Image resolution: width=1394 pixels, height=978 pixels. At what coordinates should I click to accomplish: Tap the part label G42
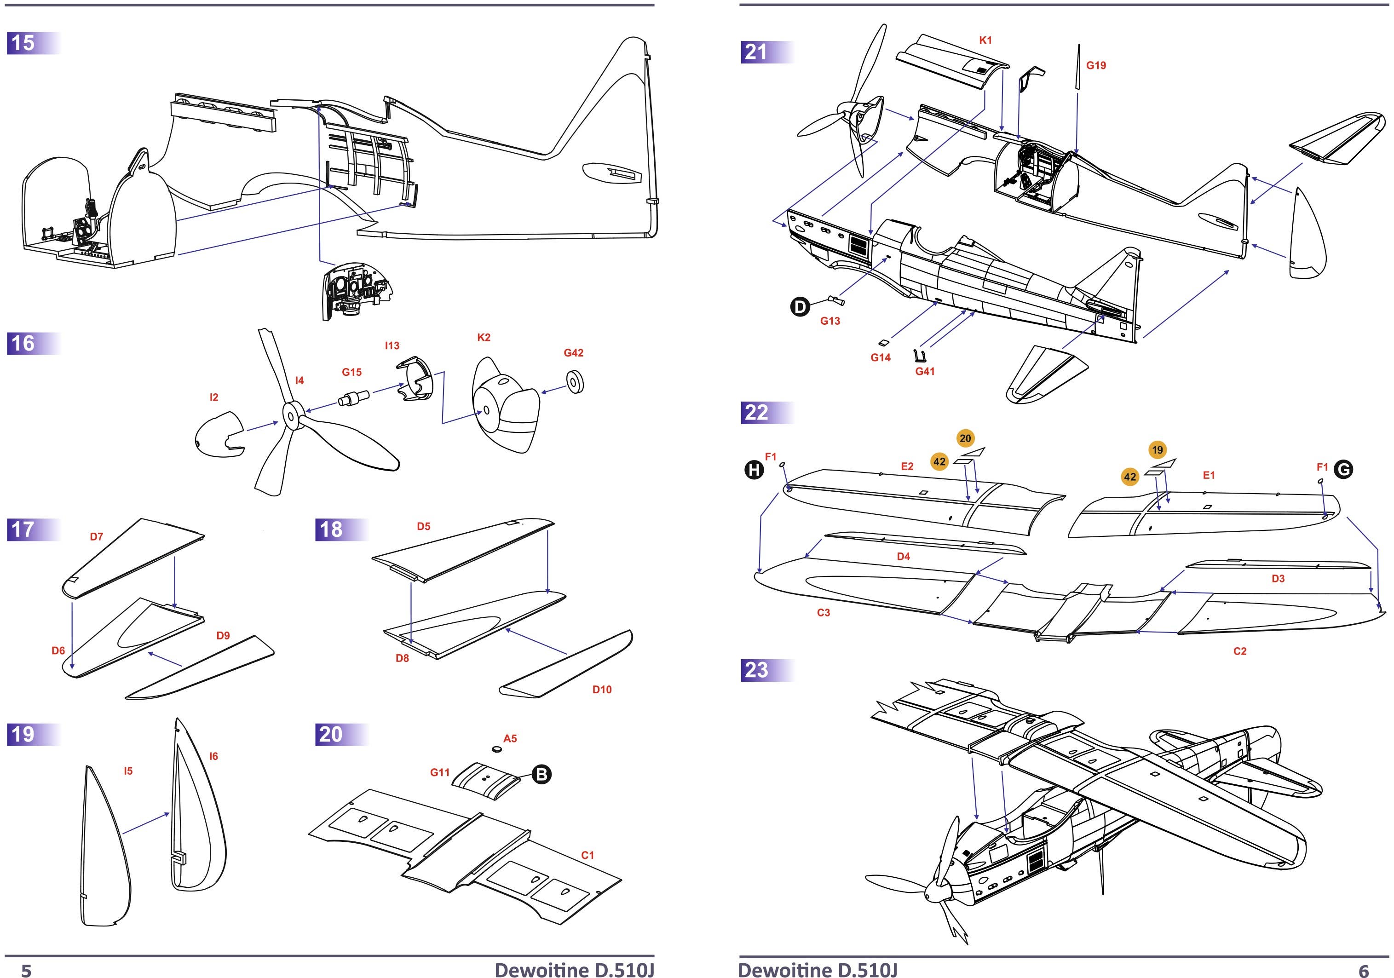click(573, 353)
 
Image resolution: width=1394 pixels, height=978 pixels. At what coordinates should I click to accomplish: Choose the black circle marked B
click(541, 774)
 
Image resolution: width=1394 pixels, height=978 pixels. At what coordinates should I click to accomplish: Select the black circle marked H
click(754, 469)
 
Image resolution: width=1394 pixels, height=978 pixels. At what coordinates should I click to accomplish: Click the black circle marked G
click(1344, 469)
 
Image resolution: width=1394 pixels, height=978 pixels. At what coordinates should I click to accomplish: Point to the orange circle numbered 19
click(1157, 450)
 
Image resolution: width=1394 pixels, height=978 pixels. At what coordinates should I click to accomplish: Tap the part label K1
click(985, 40)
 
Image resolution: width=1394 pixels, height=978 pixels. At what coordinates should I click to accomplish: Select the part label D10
click(602, 690)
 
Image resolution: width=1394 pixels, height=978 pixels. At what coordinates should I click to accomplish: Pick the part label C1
click(588, 855)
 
